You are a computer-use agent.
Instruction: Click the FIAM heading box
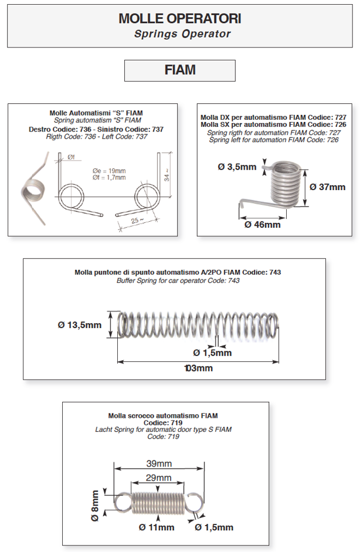[x=179, y=70]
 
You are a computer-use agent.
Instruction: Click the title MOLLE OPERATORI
[x=179, y=19]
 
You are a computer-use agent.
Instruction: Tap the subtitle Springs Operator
[x=182, y=34]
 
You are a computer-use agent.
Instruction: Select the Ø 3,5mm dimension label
[x=237, y=167]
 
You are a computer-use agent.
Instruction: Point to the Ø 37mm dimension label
[x=328, y=187]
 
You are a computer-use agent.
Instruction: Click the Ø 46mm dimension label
[x=262, y=224]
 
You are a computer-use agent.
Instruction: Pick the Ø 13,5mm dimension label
[x=80, y=325]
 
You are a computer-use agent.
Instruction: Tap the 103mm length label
[x=198, y=368]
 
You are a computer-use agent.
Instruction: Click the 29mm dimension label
[x=159, y=478]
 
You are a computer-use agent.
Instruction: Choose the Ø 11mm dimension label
[x=157, y=527]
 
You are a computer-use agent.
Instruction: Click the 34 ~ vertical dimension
[x=168, y=174]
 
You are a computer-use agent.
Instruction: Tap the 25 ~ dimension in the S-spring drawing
[x=138, y=221]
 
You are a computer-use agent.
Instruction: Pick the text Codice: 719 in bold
[x=163, y=422]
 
